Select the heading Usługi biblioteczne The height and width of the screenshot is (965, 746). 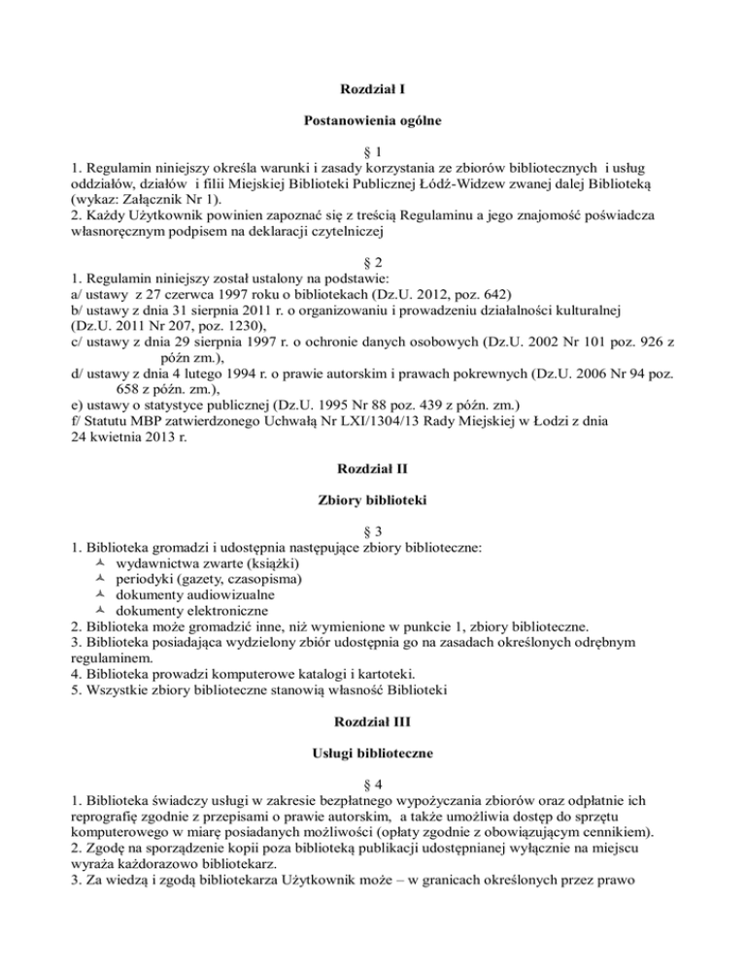pyautogui.click(x=373, y=755)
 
